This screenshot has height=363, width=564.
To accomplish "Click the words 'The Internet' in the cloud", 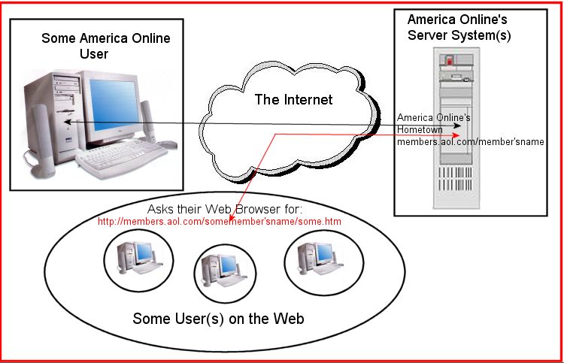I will coord(293,99).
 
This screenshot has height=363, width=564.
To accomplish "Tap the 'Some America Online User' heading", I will coord(105,46).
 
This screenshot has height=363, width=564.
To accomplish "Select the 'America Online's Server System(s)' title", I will coord(459,28).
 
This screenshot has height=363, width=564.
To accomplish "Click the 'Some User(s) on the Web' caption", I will coord(218,319).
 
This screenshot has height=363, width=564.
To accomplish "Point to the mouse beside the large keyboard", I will coord(167,144).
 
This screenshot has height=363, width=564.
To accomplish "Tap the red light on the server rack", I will coord(450,60).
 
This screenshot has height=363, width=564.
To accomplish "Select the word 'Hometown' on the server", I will coord(419,129).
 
